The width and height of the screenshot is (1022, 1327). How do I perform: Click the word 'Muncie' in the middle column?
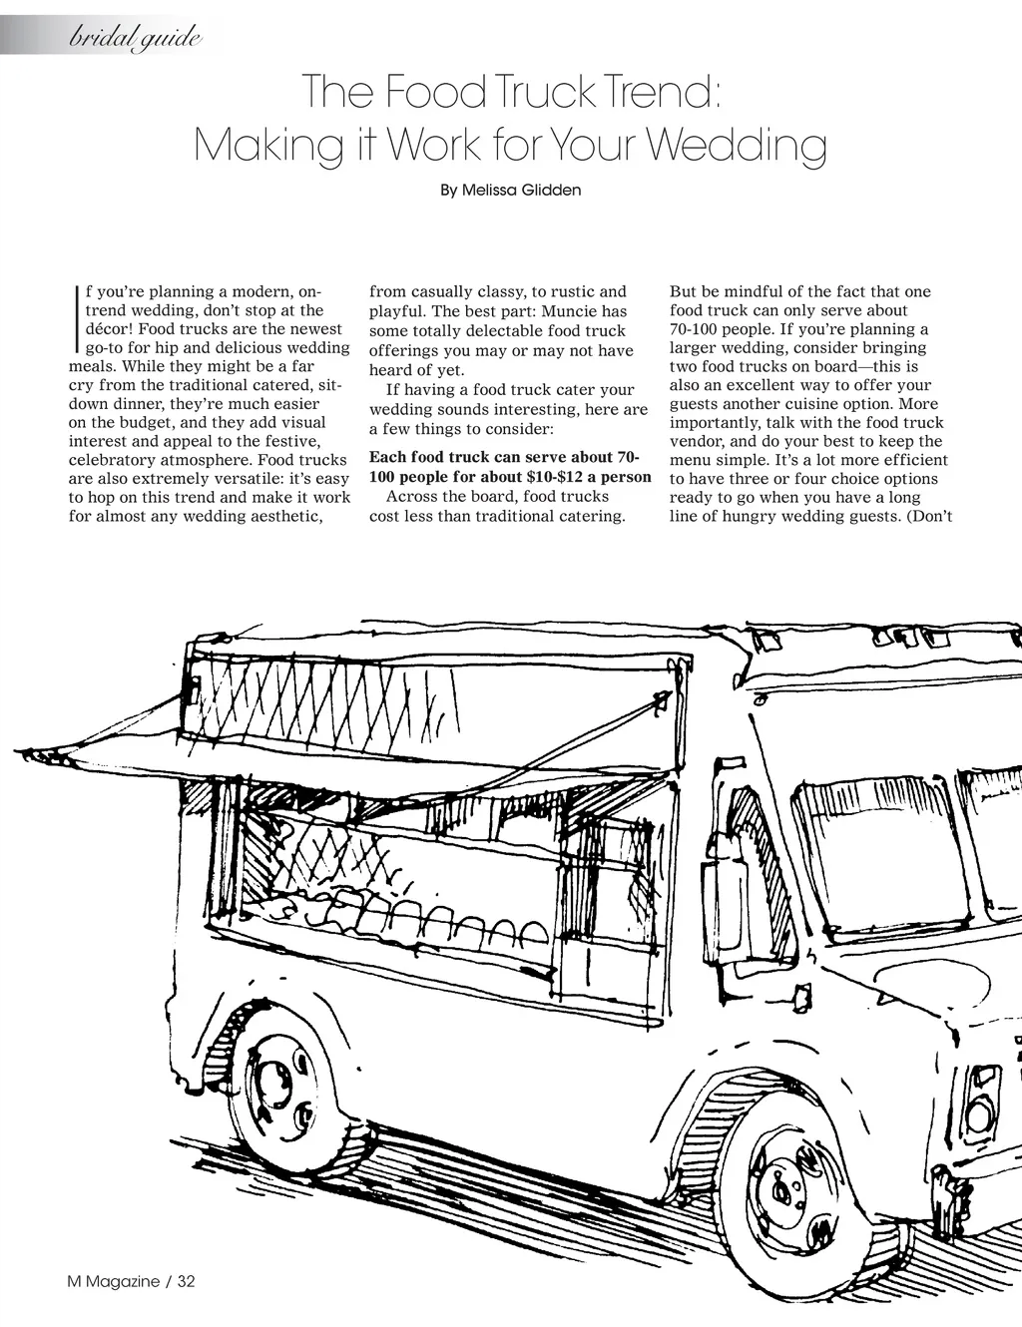pos(570,311)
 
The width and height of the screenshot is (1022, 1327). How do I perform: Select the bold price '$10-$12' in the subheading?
pos(557,477)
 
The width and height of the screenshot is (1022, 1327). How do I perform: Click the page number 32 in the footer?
pos(187,1282)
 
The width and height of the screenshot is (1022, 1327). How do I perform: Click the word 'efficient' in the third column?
pos(909,460)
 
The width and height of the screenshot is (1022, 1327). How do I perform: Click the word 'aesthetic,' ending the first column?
pos(283,516)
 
